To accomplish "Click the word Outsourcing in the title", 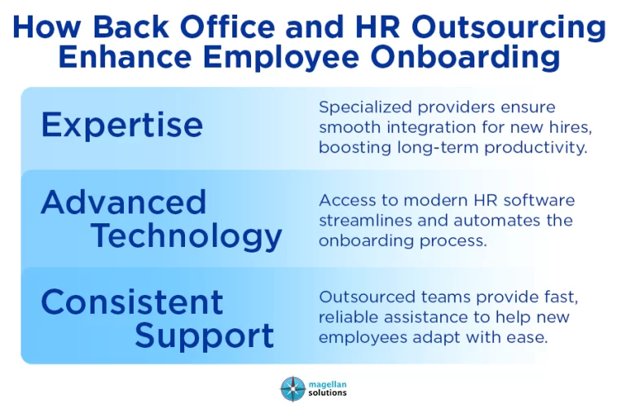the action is [x=509, y=28].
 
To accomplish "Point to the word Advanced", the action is [x=123, y=202].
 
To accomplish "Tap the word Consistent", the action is [x=132, y=301].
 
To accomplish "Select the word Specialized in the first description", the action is [x=365, y=108].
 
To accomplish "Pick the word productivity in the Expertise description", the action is [x=536, y=148].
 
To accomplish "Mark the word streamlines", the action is [x=365, y=220].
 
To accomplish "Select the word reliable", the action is [x=348, y=317].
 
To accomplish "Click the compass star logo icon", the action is [x=293, y=389].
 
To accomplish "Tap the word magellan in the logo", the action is [x=328, y=385].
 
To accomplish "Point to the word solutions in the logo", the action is [x=328, y=393].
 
